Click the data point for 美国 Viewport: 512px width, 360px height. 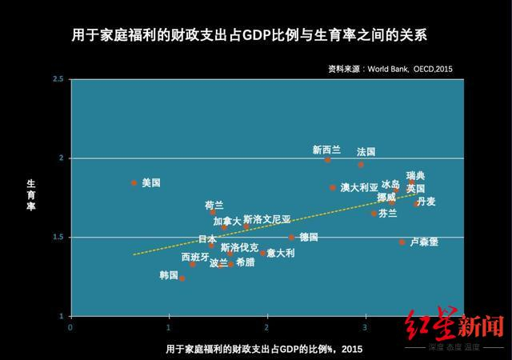(134, 183)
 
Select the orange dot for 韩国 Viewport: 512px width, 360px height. (182, 278)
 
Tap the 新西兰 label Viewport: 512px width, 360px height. (326, 150)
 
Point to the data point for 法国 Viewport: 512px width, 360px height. (361, 164)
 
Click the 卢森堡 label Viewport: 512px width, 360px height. (423, 242)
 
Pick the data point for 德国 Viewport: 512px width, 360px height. (291, 237)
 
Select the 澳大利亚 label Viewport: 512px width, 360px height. (359, 187)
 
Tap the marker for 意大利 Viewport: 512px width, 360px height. (262, 253)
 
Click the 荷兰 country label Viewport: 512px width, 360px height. (214, 206)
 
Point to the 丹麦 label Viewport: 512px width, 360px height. (426, 202)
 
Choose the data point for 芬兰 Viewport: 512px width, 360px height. (374, 214)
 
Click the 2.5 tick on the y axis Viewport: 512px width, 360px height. (58, 79)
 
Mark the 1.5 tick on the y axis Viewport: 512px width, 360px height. (58, 237)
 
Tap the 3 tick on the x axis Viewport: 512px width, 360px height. (366, 327)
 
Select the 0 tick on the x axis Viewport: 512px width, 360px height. (70, 327)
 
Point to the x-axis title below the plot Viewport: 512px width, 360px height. (264, 349)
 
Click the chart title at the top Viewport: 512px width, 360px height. (255, 36)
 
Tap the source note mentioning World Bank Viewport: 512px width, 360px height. (390, 70)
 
